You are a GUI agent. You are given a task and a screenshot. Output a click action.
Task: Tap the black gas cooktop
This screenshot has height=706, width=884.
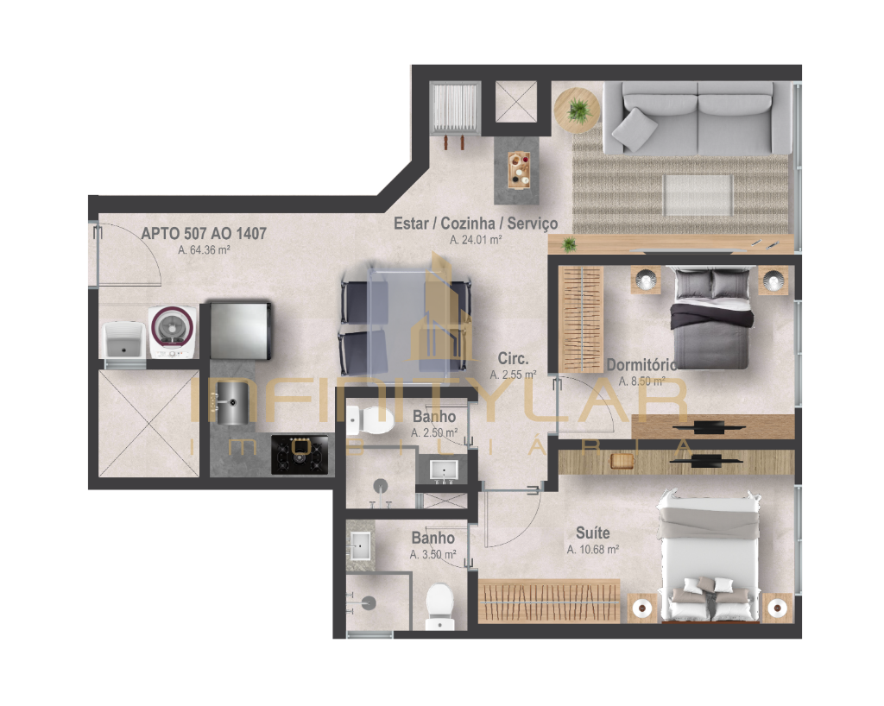coord(300,454)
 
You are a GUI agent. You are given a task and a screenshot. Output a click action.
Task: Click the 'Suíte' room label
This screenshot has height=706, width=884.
coord(592,533)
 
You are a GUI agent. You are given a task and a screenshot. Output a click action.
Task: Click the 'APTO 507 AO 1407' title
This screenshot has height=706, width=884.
coord(204,233)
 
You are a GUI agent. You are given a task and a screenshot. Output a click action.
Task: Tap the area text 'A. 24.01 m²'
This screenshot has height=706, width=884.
coord(476,239)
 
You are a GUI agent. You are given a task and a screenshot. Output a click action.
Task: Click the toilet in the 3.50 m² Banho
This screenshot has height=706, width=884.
coord(439,607)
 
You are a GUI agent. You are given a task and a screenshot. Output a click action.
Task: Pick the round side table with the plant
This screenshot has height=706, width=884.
coord(576,110)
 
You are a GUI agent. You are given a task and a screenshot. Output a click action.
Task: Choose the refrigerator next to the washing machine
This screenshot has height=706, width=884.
coord(241,331)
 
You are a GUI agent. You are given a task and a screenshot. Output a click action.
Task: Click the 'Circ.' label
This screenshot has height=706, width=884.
coord(513,358)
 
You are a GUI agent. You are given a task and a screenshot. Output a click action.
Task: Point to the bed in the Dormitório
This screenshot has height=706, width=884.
coord(711,318)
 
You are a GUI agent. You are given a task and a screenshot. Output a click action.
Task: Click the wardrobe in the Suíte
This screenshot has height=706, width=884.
coord(549,601)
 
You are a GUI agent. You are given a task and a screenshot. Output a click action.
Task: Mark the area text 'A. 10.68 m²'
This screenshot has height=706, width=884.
coord(593,550)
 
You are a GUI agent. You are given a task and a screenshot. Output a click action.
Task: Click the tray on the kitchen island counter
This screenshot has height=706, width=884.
coord(519,170)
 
